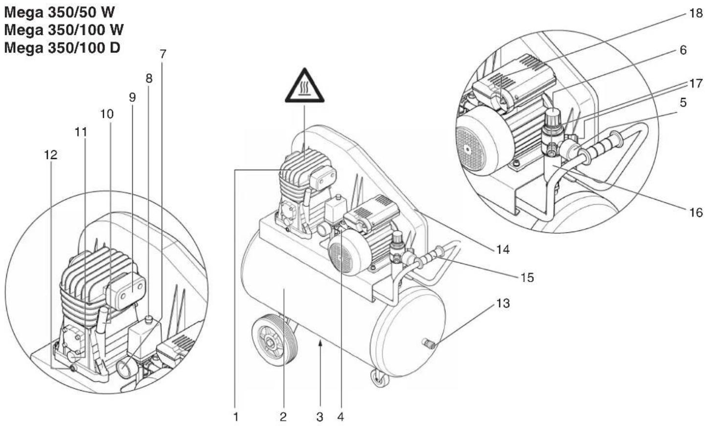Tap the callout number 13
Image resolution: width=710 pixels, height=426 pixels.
click(x=503, y=303)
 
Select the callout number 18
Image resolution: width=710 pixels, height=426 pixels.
click(x=695, y=13)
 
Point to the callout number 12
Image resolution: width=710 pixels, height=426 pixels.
click(x=50, y=155)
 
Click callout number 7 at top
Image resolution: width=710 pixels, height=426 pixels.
click(x=163, y=54)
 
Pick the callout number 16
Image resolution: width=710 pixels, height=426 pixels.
click(x=695, y=212)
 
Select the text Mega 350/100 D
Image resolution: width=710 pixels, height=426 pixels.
click(x=62, y=48)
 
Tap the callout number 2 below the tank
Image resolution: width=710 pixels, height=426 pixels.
click(x=283, y=417)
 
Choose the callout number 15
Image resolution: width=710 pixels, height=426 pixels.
click(x=527, y=277)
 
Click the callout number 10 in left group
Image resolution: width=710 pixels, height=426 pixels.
click(x=107, y=114)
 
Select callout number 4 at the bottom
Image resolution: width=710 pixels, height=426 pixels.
click(x=341, y=417)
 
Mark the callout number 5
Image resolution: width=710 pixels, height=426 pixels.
click(x=683, y=103)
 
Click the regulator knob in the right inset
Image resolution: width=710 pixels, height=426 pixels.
click(x=552, y=118)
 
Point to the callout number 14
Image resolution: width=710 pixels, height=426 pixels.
click(x=503, y=250)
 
